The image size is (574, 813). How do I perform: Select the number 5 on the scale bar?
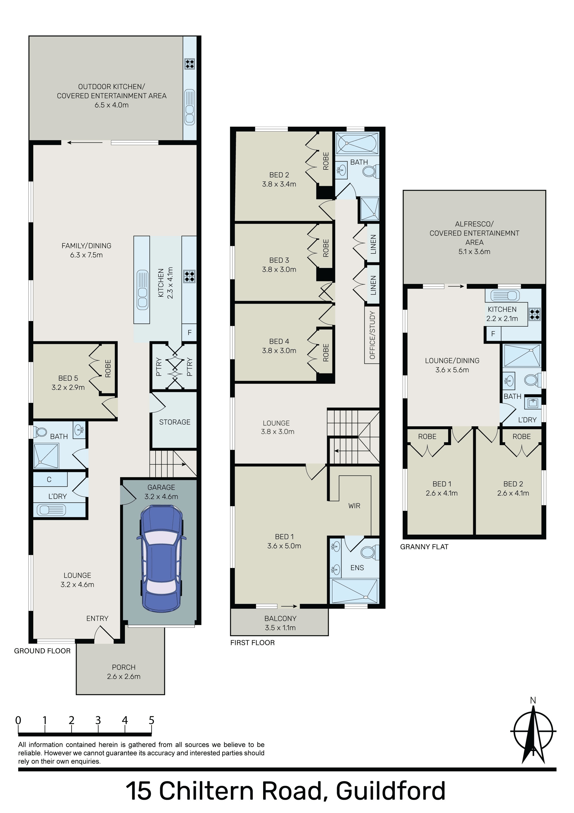[x=151, y=721]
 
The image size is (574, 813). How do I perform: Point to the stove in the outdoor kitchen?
[x=190, y=64]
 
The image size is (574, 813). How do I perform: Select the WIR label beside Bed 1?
[x=354, y=506]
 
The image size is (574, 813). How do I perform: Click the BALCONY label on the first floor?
[x=280, y=619]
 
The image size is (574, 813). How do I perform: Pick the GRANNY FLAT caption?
[x=424, y=547]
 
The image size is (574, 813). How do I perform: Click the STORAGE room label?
[x=175, y=422]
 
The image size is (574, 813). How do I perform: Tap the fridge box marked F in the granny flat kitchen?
[x=493, y=334]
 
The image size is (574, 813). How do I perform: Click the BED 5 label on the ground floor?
[x=68, y=378]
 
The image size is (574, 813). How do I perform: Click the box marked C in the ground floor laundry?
[x=49, y=479]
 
